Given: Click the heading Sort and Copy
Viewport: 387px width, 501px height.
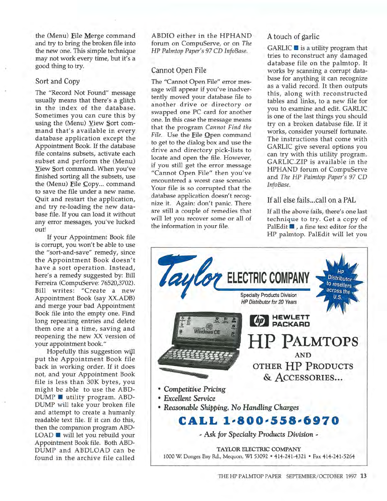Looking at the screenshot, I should pyautogui.click(x=57, y=81).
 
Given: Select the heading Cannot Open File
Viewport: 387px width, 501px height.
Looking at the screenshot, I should pyautogui.click(x=179, y=70).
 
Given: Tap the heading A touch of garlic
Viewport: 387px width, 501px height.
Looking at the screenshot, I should pyautogui.click(x=293, y=37).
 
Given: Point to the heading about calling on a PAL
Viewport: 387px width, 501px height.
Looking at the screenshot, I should pyautogui.click(x=311, y=200).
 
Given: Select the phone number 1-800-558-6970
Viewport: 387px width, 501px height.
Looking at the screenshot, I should pyautogui.click(x=258, y=421).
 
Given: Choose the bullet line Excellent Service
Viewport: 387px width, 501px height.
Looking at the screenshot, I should pyautogui.click(x=189, y=398).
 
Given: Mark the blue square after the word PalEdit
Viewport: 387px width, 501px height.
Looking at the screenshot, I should pyautogui.click(x=292, y=226).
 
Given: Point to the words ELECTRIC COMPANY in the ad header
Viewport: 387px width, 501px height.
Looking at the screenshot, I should pyautogui.click(x=268, y=278).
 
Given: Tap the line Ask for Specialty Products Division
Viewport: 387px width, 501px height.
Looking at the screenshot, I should pyautogui.click(x=258, y=434).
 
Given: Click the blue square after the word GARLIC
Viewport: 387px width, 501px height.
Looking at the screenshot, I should pyautogui.click(x=296, y=48).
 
